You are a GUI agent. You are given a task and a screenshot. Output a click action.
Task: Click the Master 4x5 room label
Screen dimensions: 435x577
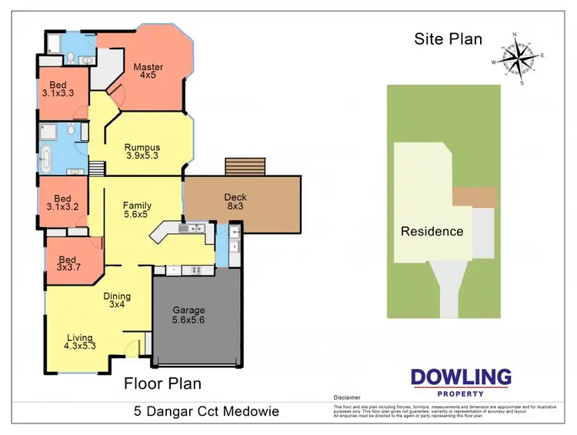pos(148,72)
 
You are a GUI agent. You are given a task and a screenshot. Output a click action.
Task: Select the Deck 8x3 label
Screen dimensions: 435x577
pos(235,202)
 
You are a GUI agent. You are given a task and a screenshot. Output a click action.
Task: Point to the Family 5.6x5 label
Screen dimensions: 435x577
pos(137,211)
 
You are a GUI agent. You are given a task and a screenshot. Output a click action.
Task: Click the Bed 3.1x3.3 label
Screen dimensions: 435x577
pos(58,89)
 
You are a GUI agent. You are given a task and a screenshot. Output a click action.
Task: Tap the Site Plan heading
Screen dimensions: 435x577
pos(449,39)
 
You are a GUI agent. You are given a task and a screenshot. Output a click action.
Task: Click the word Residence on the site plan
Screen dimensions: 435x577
pos(432,231)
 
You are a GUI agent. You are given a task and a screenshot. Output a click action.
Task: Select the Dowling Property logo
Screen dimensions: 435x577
pos(460,382)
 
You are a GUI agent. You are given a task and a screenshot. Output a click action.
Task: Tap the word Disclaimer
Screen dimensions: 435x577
pos(346,398)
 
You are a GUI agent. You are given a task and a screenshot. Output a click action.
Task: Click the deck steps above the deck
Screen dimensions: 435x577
pos(245,167)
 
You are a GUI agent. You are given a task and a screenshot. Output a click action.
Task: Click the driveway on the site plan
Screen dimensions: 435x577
pos(450,289)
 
